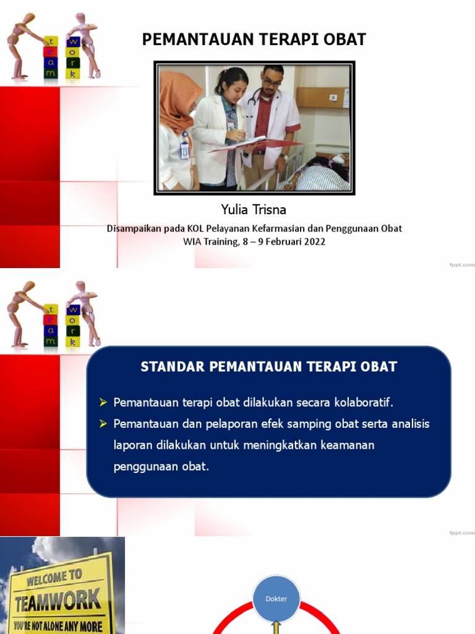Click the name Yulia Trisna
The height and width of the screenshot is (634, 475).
coord(254,210)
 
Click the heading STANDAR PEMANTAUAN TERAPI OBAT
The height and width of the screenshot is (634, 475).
coord(268,367)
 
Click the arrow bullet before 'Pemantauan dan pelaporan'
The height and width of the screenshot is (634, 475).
coord(104,423)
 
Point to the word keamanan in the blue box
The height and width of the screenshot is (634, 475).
coord(348,445)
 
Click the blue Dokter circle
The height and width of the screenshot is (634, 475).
coord(276,599)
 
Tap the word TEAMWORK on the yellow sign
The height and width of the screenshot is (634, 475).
coord(57,600)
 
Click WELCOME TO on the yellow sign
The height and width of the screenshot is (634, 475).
coord(54,578)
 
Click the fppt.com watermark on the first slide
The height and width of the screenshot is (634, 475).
coord(461,264)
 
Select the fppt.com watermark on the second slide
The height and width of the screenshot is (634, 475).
coord(461,532)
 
